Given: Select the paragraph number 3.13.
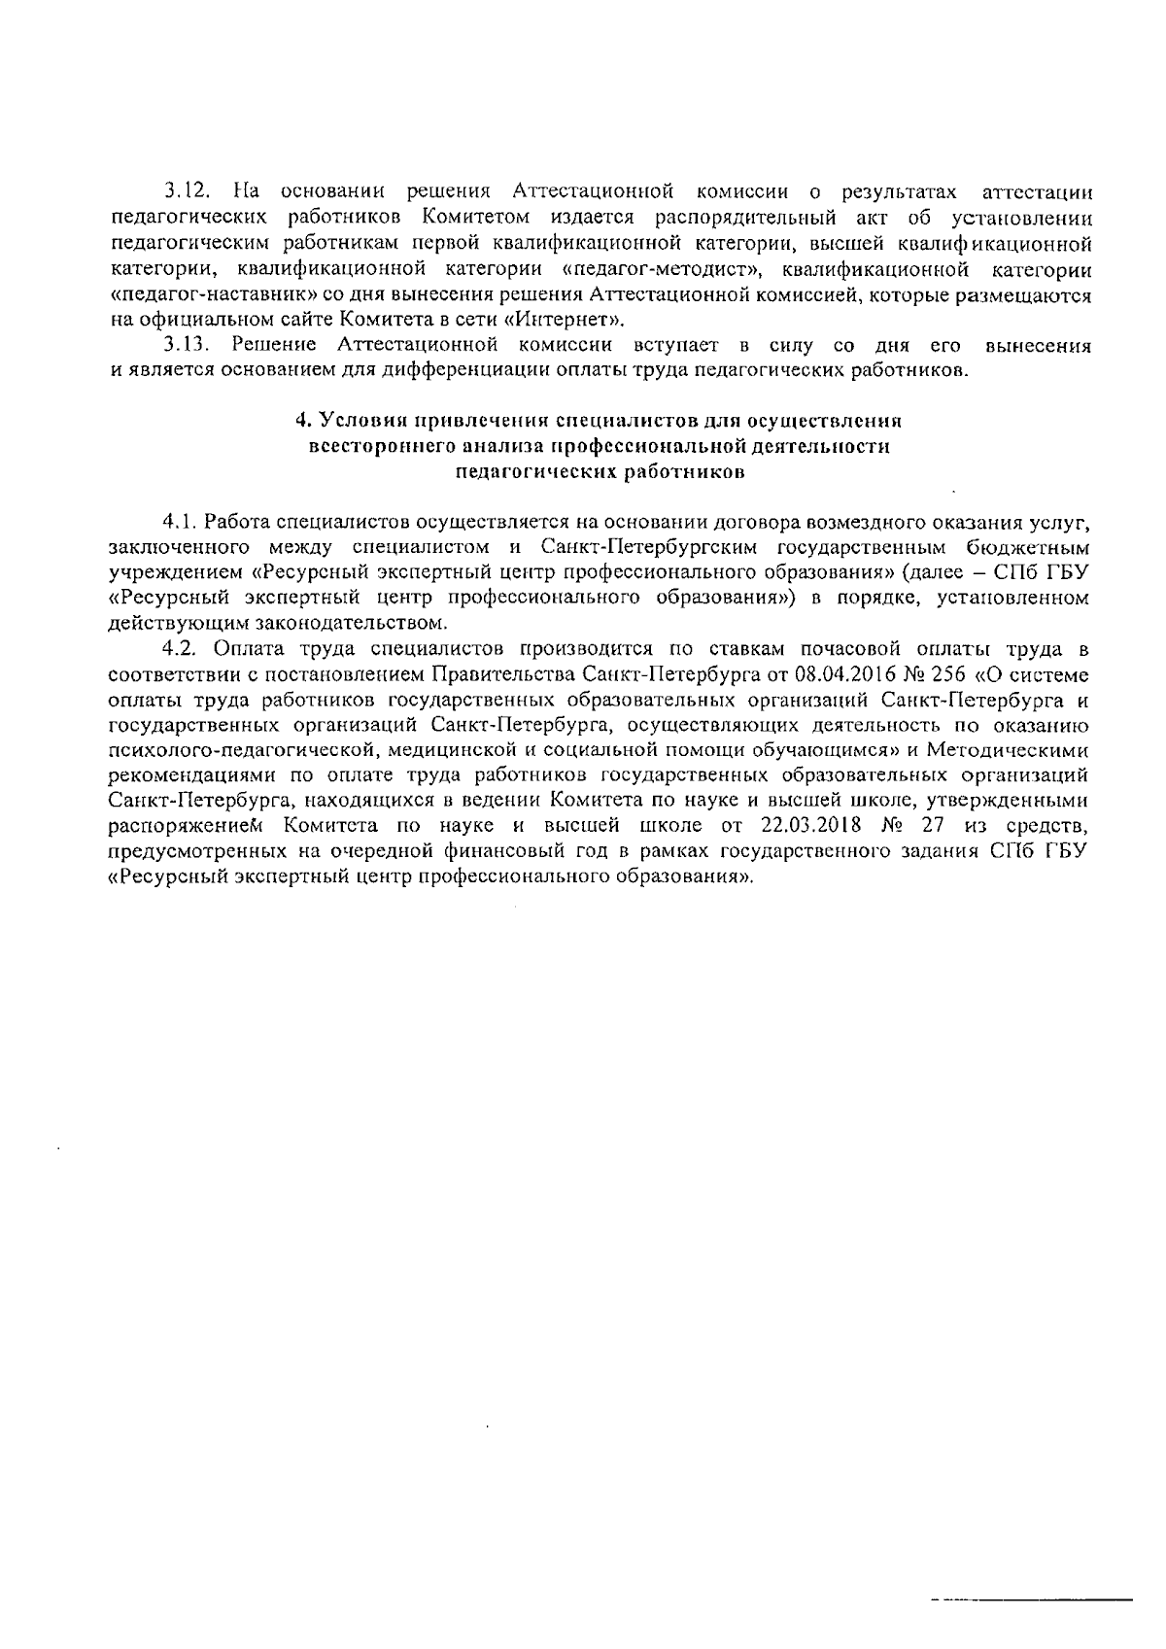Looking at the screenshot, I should pos(183,345).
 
